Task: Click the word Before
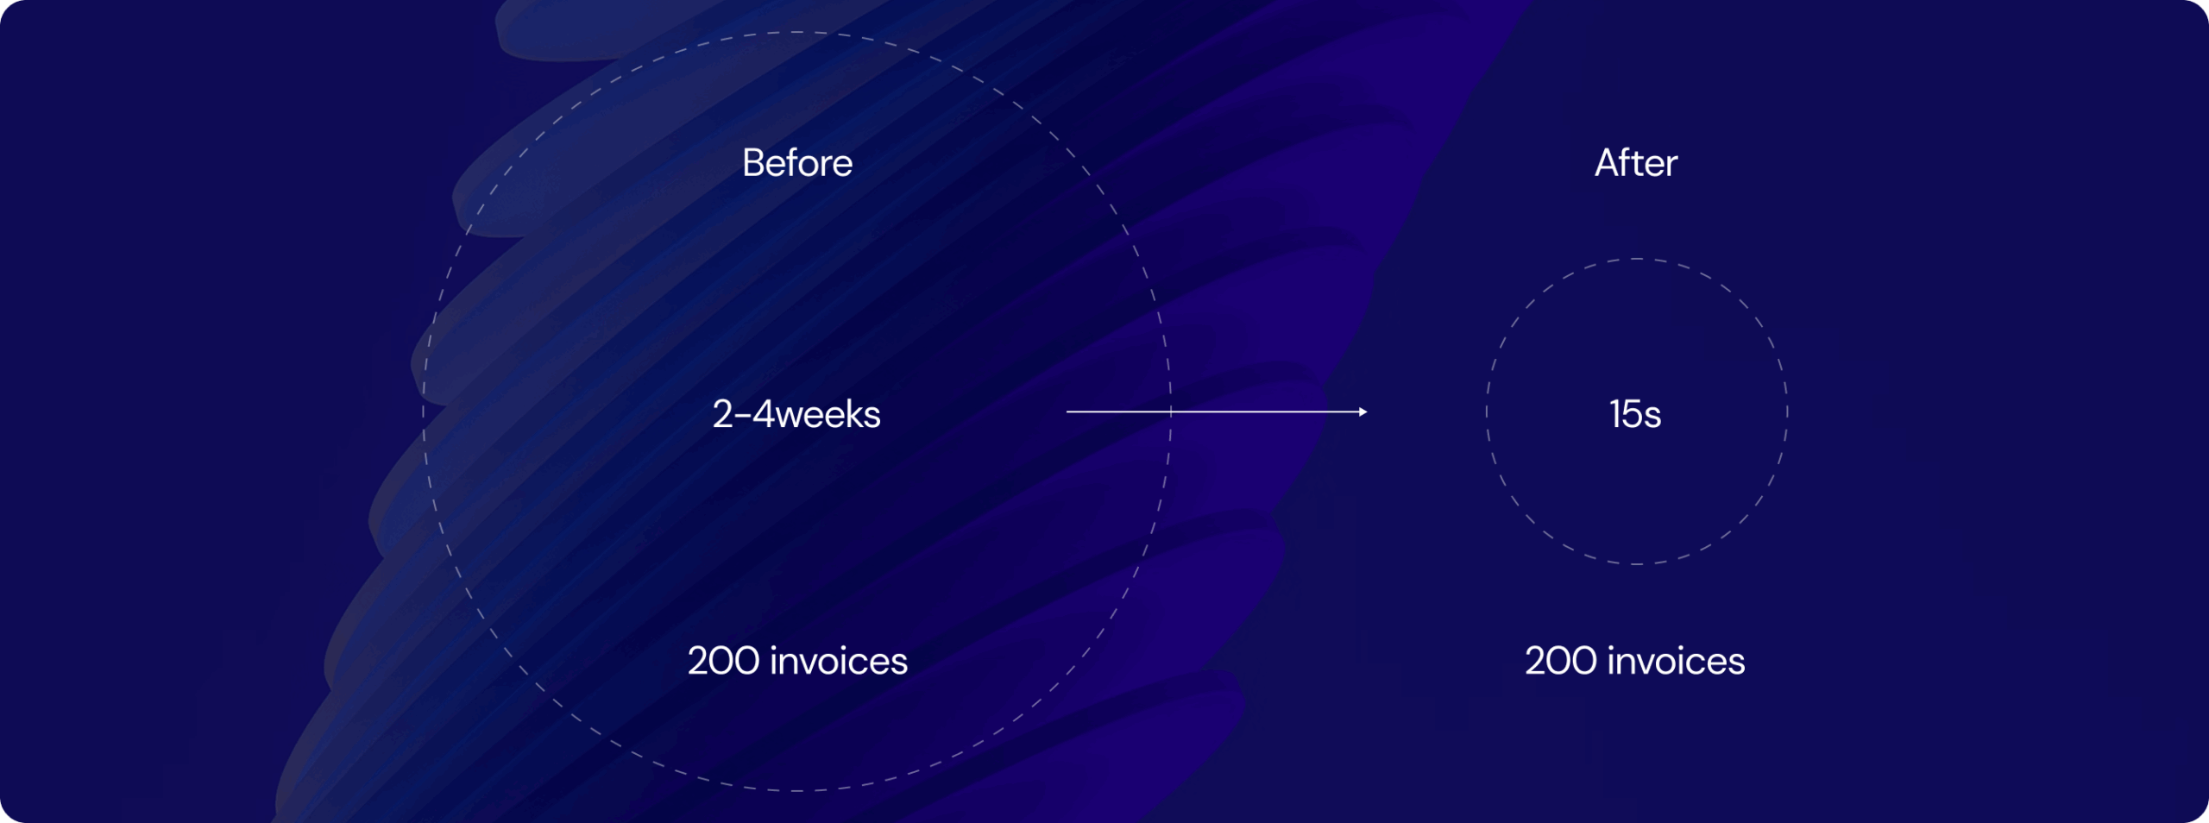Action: pyautogui.click(x=797, y=163)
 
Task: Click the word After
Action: pyautogui.click(x=1636, y=163)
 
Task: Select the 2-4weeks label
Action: pyautogui.click(x=796, y=414)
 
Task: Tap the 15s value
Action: pyautogui.click(x=1635, y=414)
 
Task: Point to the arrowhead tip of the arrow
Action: pyautogui.click(x=1368, y=412)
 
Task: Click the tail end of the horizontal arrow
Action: pyautogui.click(x=1067, y=412)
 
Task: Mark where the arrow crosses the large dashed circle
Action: pyautogui.click(x=1171, y=412)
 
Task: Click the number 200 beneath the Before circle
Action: pyautogui.click(x=723, y=661)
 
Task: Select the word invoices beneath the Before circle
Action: pyautogui.click(x=839, y=661)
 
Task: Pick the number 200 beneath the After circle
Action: pyautogui.click(x=1560, y=661)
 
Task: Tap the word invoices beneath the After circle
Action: pyautogui.click(x=1677, y=661)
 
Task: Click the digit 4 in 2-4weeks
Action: pyautogui.click(x=764, y=414)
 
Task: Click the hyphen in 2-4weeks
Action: pyautogui.click(x=743, y=417)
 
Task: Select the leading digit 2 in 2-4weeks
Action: pyautogui.click(x=723, y=414)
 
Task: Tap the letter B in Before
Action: pyautogui.click(x=753, y=163)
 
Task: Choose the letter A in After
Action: pyautogui.click(x=1608, y=163)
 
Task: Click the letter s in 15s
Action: pyautogui.click(x=1652, y=418)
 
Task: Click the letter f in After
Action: pyautogui.click(x=1629, y=162)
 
